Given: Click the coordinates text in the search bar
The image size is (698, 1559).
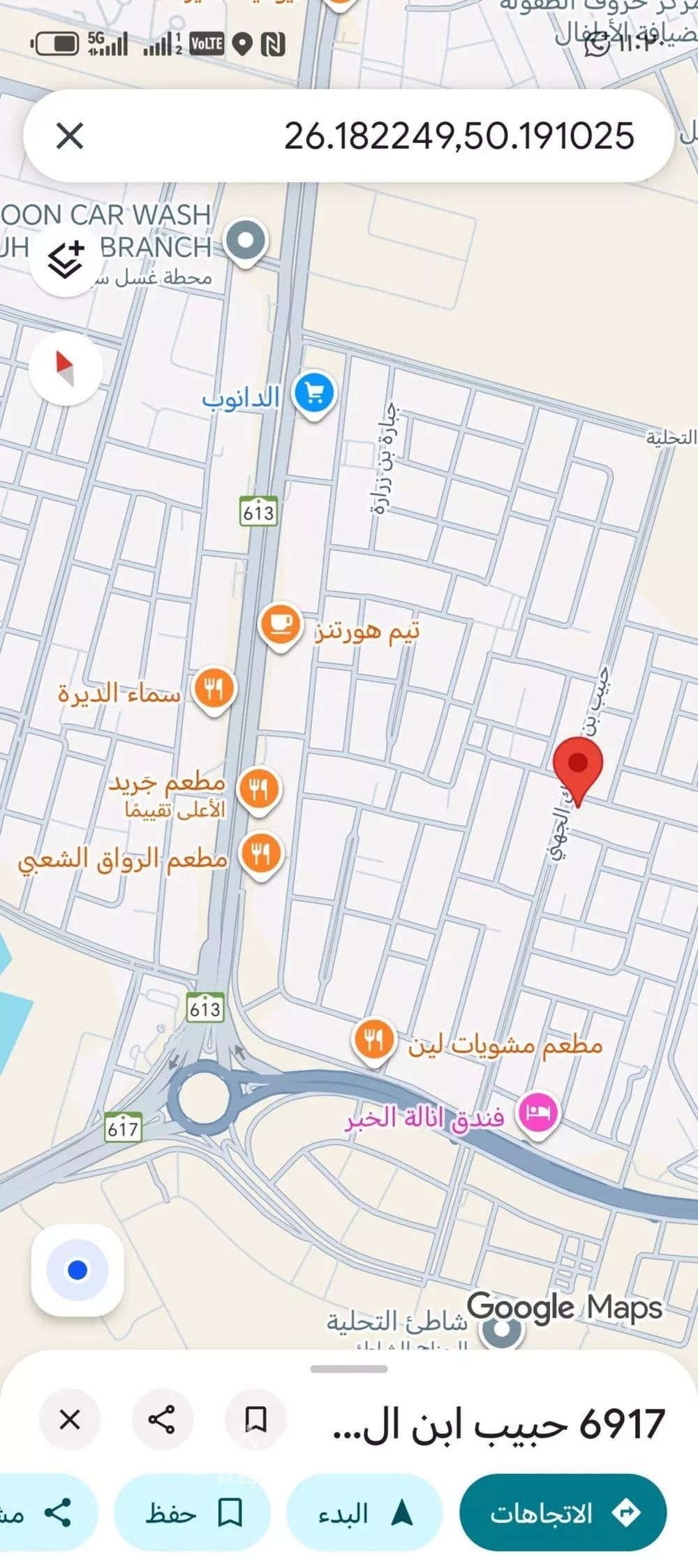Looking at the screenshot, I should click(x=459, y=135).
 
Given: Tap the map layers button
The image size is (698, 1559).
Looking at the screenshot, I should click(x=66, y=260).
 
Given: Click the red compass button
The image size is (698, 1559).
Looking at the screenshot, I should click(x=66, y=368).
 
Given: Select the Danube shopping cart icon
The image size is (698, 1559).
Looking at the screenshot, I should click(x=314, y=394).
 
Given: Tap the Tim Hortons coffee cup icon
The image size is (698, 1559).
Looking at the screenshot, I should click(x=280, y=625).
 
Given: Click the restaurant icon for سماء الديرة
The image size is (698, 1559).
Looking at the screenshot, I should click(x=214, y=689).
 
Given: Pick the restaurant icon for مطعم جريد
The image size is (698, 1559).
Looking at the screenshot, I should click(x=259, y=789).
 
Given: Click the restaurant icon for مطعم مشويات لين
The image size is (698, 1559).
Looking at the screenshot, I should click(x=373, y=1040).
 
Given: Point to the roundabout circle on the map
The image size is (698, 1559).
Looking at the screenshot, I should click(x=203, y=1096).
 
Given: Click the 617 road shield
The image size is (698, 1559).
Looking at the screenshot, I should click(x=123, y=1128).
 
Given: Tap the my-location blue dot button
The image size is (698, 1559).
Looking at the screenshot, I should click(x=77, y=1270).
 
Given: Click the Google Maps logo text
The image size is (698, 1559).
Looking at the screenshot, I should click(x=564, y=1307).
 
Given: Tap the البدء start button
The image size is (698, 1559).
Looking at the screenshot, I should click(x=365, y=1514).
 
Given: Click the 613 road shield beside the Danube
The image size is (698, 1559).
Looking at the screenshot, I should click(x=258, y=512).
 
